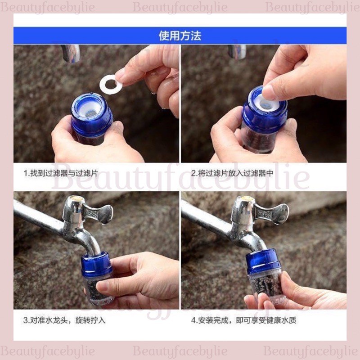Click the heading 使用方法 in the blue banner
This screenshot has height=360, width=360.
coord(180,36)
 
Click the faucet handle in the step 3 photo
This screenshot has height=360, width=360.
coord(98,213)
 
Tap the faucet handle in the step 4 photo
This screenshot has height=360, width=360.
coord(273,212)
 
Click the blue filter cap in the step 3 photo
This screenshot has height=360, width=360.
coord(96,264)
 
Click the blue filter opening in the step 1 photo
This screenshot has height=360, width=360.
coord(90,108)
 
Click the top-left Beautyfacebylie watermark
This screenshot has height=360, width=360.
coord(48,7)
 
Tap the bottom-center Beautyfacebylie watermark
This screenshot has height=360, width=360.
coord(180,351)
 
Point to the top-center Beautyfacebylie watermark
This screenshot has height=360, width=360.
coord(180,7)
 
